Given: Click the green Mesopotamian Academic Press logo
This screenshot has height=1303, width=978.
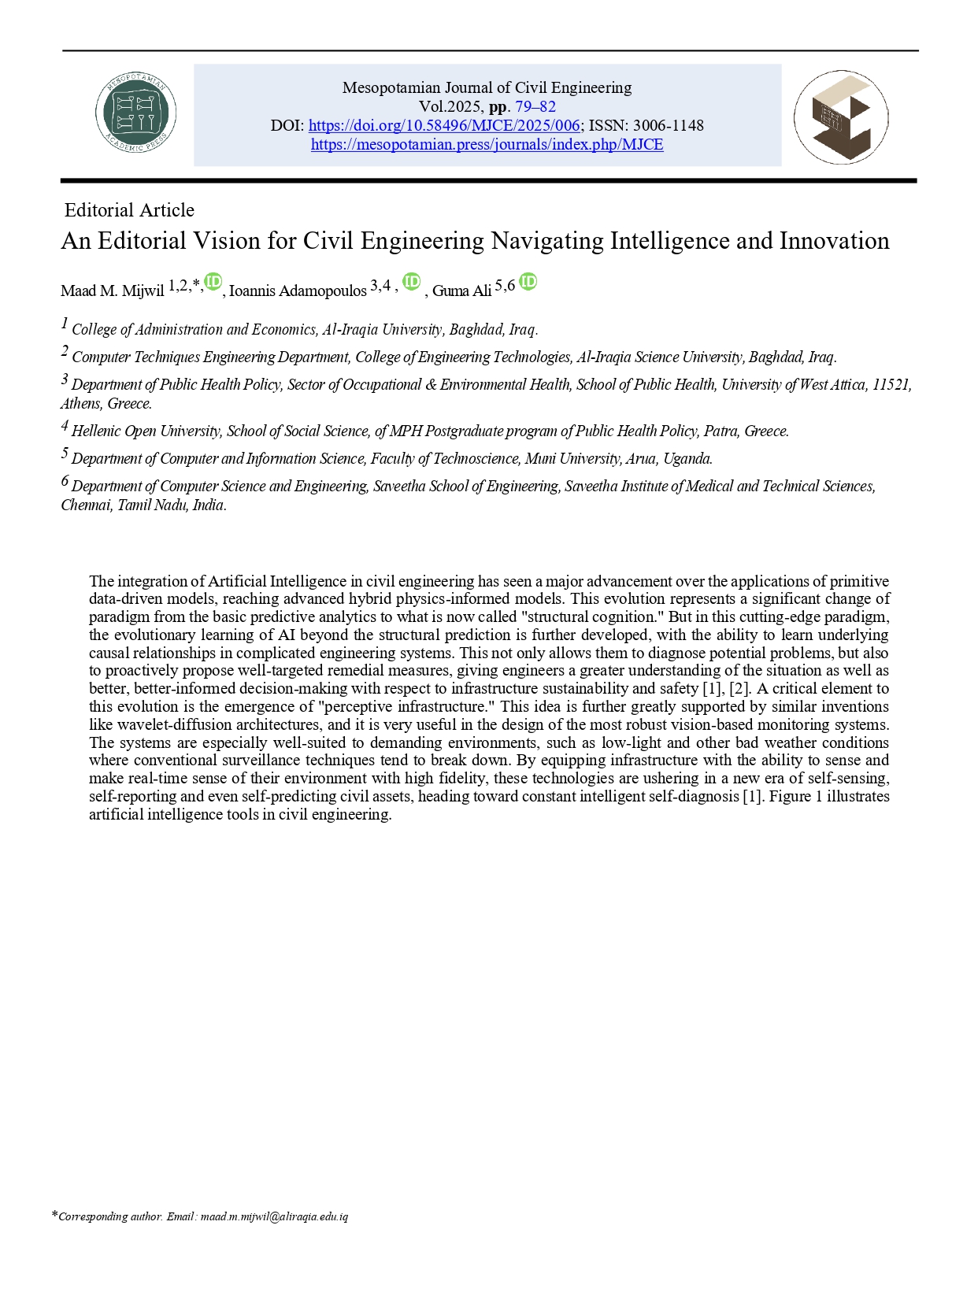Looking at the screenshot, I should (135, 114).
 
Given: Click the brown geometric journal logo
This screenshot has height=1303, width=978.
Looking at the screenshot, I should (841, 117).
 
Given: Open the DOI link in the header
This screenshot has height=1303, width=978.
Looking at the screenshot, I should (444, 125).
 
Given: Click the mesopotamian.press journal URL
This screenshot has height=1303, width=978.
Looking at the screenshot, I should (487, 144).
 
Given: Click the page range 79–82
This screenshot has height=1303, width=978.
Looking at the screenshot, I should (535, 106).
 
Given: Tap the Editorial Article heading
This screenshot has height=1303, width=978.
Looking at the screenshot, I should (129, 210).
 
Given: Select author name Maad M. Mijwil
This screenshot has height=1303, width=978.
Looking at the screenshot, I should (113, 291).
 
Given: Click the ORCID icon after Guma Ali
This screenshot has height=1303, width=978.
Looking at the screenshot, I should (528, 282).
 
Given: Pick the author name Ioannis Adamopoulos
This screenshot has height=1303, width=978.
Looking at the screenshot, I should (298, 291).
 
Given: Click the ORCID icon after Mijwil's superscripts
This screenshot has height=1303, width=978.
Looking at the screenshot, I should (213, 282).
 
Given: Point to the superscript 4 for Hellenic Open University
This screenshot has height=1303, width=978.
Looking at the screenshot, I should (65, 426).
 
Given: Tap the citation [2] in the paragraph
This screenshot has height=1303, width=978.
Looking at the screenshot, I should (739, 688).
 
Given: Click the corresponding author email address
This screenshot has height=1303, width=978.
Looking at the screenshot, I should (274, 1216).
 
